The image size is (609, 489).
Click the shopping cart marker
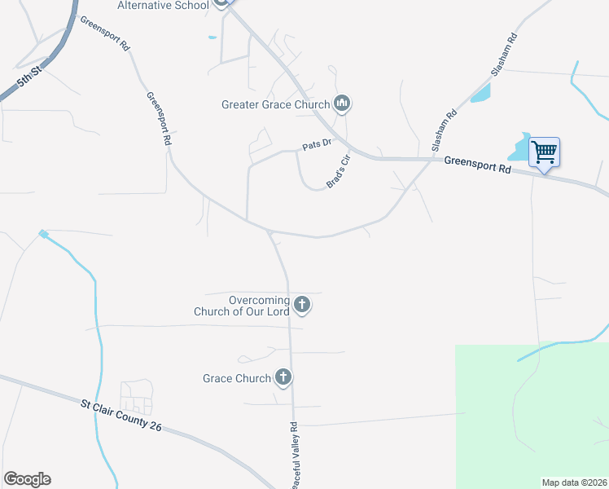[544, 152]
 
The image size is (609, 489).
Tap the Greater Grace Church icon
[343, 104]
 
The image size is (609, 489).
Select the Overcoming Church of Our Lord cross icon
[302, 306]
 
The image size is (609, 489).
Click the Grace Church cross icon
[283, 377]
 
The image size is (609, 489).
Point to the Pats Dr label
[317, 144]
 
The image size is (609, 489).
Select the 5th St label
[30, 78]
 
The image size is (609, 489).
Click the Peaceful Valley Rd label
[294, 456]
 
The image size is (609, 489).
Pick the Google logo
[27, 479]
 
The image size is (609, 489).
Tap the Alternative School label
[163, 5]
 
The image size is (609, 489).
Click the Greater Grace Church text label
[275, 104]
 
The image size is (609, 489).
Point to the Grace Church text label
[236, 378]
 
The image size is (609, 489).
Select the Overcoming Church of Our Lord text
[242, 306]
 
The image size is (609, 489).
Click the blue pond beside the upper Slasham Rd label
[481, 93]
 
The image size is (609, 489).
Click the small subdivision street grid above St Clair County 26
[136, 398]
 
